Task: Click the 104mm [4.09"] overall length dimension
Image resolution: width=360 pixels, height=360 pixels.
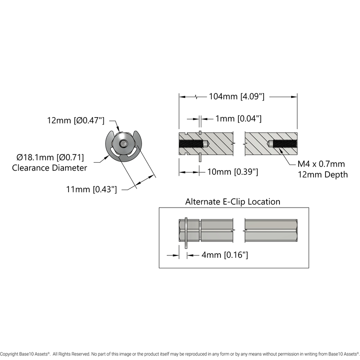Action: click(237, 97)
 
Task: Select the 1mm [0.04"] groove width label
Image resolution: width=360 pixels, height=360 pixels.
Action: click(238, 119)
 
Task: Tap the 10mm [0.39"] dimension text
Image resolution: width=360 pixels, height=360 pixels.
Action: click(232, 172)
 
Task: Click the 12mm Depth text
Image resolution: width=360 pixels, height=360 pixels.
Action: click(323, 174)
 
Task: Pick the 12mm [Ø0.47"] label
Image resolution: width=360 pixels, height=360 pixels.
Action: click(76, 120)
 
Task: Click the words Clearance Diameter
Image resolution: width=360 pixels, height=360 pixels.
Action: click(49, 168)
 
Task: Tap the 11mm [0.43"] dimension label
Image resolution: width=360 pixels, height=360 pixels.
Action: click(91, 189)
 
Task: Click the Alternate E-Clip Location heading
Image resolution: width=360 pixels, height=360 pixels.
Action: click(233, 202)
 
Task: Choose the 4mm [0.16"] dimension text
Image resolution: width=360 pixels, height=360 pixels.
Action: click(225, 255)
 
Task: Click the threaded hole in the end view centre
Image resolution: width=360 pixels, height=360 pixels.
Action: click(123, 144)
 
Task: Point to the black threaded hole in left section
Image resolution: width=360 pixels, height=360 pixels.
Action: click(193, 144)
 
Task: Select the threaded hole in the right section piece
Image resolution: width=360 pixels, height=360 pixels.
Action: click(283, 144)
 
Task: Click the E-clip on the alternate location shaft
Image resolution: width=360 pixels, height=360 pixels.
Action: click(186, 233)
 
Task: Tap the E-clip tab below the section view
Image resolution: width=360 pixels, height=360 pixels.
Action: click(200, 158)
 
